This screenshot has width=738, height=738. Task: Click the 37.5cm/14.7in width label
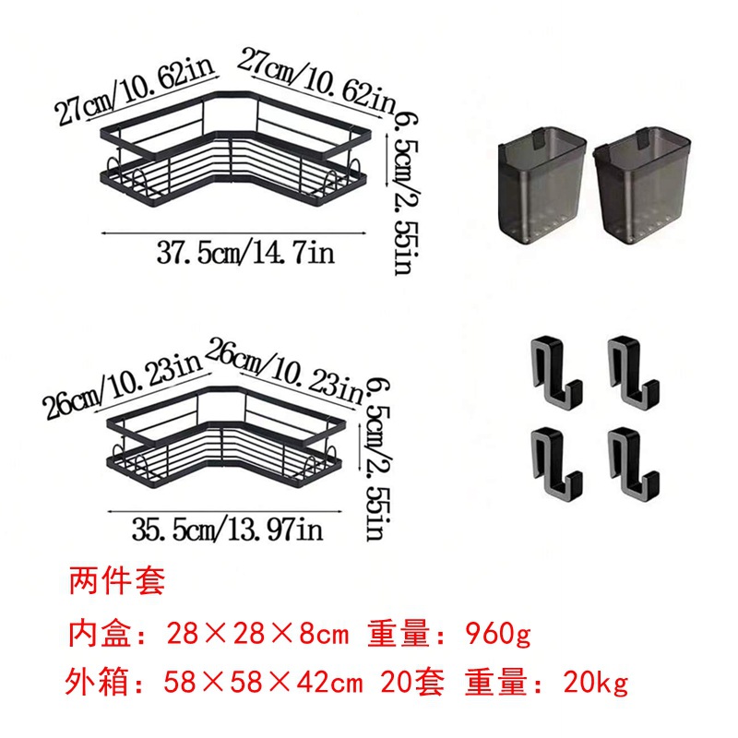(x=245, y=253)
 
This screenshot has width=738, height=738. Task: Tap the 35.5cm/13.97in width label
(x=227, y=529)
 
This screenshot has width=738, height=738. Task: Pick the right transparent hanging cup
(x=641, y=186)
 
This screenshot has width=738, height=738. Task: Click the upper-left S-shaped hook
(x=555, y=372)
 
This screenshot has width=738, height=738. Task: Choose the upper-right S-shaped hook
(x=632, y=372)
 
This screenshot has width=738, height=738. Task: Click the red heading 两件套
(x=117, y=581)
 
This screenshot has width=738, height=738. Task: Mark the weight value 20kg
(x=595, y=683)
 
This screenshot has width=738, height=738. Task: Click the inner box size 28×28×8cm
(x=258, y=634)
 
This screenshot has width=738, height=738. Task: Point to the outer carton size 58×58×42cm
(x=263, y=683)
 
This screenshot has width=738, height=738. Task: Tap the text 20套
(x=412, y=683)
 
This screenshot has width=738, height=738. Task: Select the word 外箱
(x=97, y=683)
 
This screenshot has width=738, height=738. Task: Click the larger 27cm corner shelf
(x=234, y=149)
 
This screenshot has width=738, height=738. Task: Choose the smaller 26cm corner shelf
(x=226, y=436)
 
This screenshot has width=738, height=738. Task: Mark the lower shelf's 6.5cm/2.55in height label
(x=378, y=458)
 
